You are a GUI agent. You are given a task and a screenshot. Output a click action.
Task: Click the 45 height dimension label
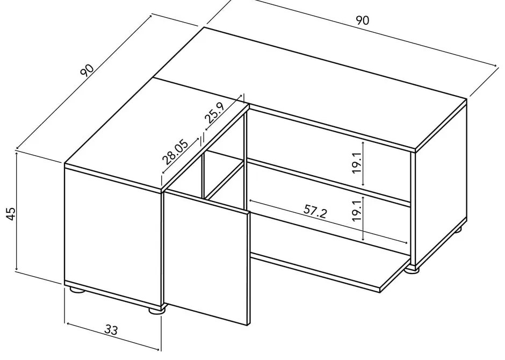pyautogui.click(x=10, y=213)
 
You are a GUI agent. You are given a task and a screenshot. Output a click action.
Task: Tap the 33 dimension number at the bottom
pyautogui.click(x=111, y=330)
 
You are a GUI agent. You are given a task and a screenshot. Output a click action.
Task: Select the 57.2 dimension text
pyautogui.click(x=315, y=211)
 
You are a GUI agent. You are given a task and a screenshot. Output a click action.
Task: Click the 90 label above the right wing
pyautogui.click(x=362, y=20)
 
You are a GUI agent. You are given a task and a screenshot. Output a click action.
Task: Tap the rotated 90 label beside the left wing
pyautogui.click(x=86, y=70)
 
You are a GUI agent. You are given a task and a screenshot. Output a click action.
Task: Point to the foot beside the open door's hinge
pyautogui.click(x=156, y=310)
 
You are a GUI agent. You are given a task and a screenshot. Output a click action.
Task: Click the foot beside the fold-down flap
pyautogui.click(x=413, y=268)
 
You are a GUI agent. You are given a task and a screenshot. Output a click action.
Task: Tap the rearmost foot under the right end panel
pyautogui.click(x=457, y=229)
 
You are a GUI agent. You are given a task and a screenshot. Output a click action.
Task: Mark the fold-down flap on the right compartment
pyautogui.click(x=328, y=271)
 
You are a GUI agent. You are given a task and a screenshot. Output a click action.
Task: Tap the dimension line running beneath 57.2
pyautogui.click(x=328, y=221)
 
